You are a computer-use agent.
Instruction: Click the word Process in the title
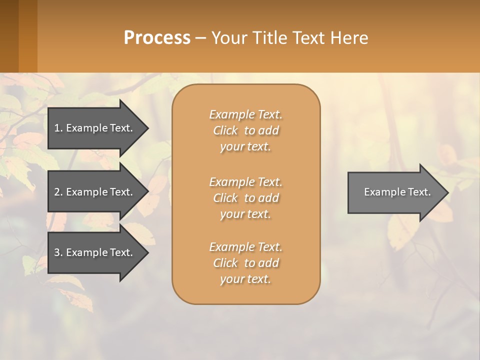157,38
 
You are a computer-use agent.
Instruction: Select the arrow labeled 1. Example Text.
95,128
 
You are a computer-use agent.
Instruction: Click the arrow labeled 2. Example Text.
95,192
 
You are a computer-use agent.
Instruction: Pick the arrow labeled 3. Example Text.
95,252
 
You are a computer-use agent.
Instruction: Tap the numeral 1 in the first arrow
57,128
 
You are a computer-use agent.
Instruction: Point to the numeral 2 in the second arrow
57,192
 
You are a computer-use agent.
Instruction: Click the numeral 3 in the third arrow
57,252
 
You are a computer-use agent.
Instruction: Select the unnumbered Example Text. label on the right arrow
397,192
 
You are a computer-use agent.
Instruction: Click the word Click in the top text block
225,130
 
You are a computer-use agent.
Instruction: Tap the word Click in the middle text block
225,198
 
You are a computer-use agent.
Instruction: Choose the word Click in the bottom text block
225,263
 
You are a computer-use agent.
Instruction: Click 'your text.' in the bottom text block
245,279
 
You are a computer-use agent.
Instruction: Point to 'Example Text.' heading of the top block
245,114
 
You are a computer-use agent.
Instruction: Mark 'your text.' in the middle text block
245,214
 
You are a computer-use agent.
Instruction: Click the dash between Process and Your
200,38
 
